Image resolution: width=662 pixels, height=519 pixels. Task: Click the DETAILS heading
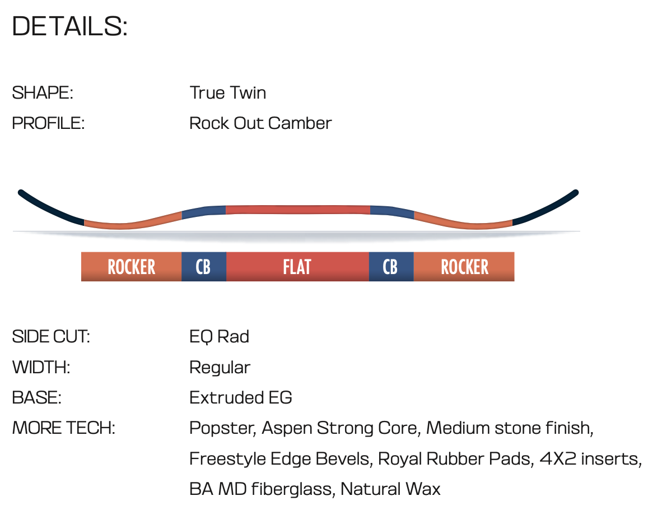(69, 26)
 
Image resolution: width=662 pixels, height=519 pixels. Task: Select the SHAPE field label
(43, 93)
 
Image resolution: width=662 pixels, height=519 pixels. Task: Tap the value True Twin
(228, 93)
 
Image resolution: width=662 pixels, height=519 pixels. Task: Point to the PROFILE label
(48, 123)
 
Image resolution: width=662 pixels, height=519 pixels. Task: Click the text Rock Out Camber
(260, 123)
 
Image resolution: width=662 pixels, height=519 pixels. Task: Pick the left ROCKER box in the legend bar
(131, 267)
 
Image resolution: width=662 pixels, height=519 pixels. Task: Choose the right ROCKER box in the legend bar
(464, 267)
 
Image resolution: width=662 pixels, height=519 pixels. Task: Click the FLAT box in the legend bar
(297, 267)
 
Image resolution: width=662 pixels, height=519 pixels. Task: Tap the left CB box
(204, 267)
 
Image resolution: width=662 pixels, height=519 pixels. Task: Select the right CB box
(391, 267)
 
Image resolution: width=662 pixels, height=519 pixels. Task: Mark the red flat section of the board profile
(298, 210)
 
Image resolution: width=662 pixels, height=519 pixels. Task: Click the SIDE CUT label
(51, 337)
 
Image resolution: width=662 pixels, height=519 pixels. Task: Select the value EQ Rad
(219, 337)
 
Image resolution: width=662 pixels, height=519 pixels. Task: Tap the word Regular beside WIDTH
(220, 368)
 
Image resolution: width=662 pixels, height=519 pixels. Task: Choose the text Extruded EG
(241, 398)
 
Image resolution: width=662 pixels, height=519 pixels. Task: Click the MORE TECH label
(63, 428)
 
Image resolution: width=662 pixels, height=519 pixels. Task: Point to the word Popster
(222, 429)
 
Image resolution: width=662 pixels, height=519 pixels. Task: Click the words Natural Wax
(390, 489)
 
